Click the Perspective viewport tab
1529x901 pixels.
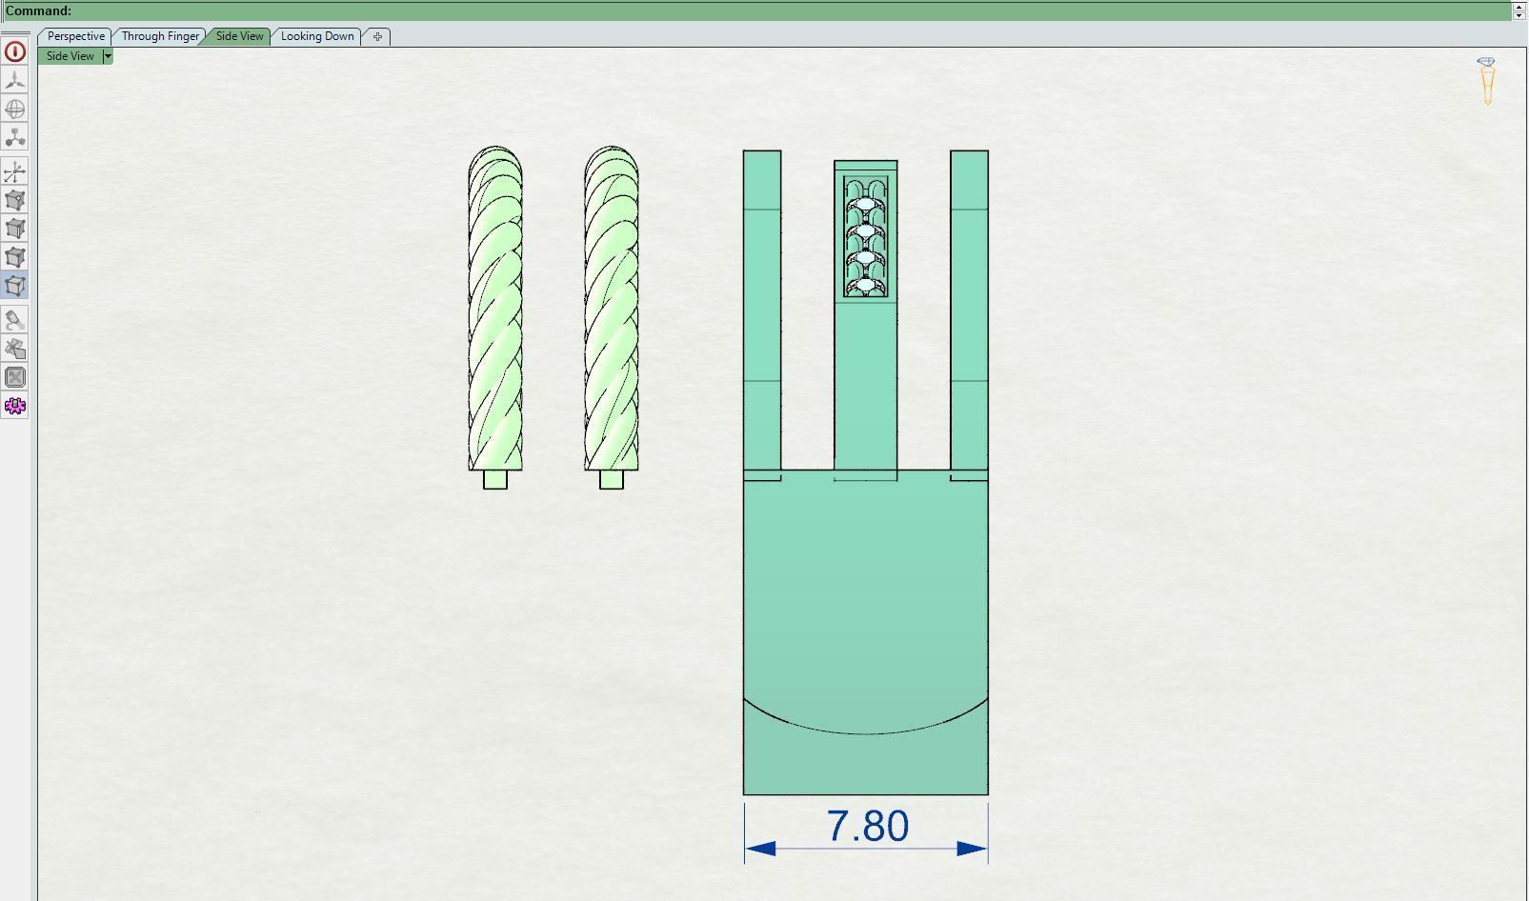pyautogui.click(x=75, y=36)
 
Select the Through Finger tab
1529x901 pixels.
pyautogui.click(x=160, y=36)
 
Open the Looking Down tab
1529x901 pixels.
pyautogui.click(x=317, y=36)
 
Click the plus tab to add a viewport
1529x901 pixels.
pyautogui.click(x=377, y=36)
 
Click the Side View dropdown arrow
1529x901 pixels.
pyautogui.click(x=108, y=56)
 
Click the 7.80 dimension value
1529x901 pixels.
pyautogui.click(x=867, y=826)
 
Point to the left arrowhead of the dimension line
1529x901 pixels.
pyautogui.click(x=760, y=848)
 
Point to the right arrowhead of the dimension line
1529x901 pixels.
pyautogui.click(x=972, y=848)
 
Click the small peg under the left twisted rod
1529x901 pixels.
pyautogui.click(x=495, y=479)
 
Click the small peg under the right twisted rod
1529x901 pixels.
pyautogui.click(x=612, y=479)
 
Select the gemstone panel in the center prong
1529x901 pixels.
pyautogui.click(x=865, y=236)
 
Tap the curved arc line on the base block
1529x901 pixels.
pyautogui.click(x=865, y=733)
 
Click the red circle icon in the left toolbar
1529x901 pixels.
pyautogui.click(x=15, y=52)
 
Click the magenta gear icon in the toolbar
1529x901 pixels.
pyautogui.click(x=15, y=407)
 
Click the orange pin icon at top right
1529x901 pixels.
pyautogui.click(x=1487, y=81)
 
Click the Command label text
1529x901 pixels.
pyautogui.click(x=38, y=10)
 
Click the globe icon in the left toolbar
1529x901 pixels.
pyautogui.click(x=15, y=110)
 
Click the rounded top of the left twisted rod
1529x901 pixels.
pyautogui.click(x=495, y=154)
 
